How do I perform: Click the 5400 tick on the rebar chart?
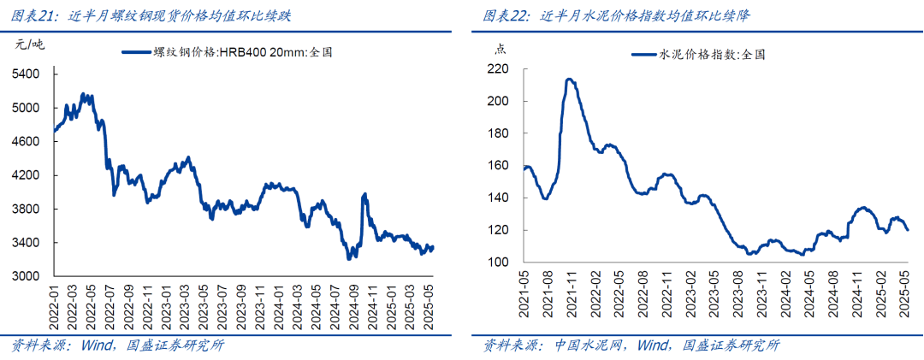tap(26, 74)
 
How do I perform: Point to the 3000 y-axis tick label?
tap(26, 276)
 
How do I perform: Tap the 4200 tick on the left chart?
tap(26, 175)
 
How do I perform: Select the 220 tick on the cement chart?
tap(500, 69)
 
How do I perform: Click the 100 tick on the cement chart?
tap(500, 263)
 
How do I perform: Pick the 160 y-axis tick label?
tap(500, 166)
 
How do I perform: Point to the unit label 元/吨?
tap(29, 44)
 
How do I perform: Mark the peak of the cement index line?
tap(569, 80)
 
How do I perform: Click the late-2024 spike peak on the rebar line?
tap(365, 195)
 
